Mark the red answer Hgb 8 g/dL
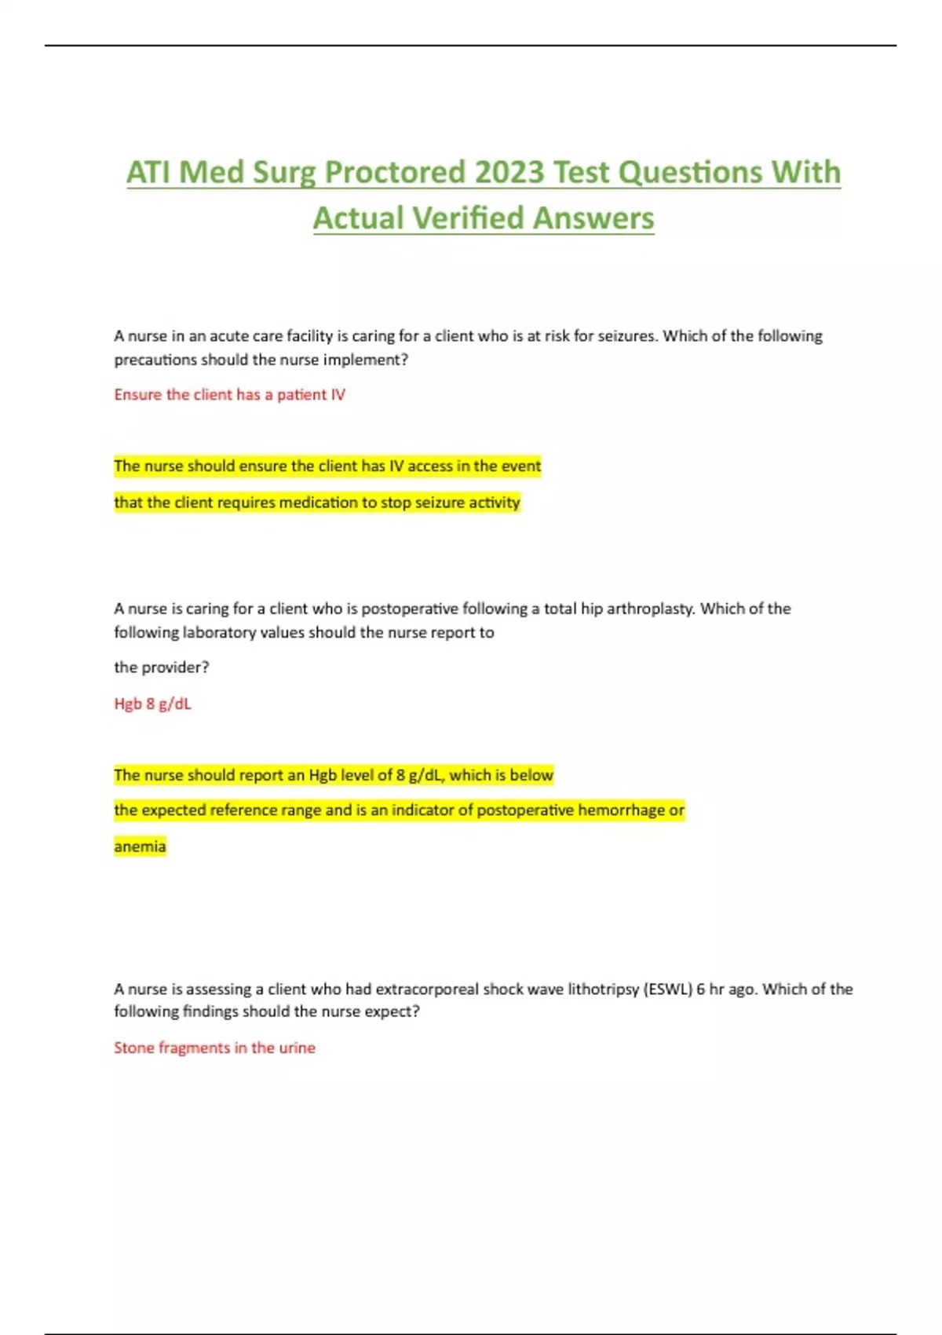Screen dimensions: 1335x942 click(152, 704)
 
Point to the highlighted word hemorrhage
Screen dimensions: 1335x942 click(621, 810)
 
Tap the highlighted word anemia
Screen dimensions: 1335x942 click(140, 847)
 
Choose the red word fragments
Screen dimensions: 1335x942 click(194, 1048)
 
